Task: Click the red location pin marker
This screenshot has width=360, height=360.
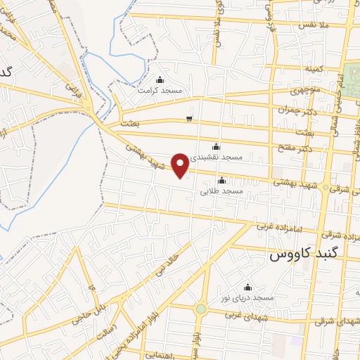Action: coord(181,165)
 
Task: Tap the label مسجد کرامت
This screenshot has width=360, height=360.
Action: coord(160,91)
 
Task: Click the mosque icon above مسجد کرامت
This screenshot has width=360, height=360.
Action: coord(160,79)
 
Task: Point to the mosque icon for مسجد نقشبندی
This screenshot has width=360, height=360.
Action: coord(216,147)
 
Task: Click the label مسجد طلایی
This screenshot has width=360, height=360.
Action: coord(221,191)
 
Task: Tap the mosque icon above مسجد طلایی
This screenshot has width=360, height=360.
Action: coord(221,180)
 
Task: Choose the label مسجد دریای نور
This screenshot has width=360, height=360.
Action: coord(247,298)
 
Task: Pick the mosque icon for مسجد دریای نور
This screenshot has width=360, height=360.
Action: coord(247,287)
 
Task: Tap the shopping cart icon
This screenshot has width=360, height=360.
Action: coord(188,118)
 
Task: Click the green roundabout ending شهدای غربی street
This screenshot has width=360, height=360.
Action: coord(201,309)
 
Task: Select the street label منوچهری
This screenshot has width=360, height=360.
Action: coord(306,91)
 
